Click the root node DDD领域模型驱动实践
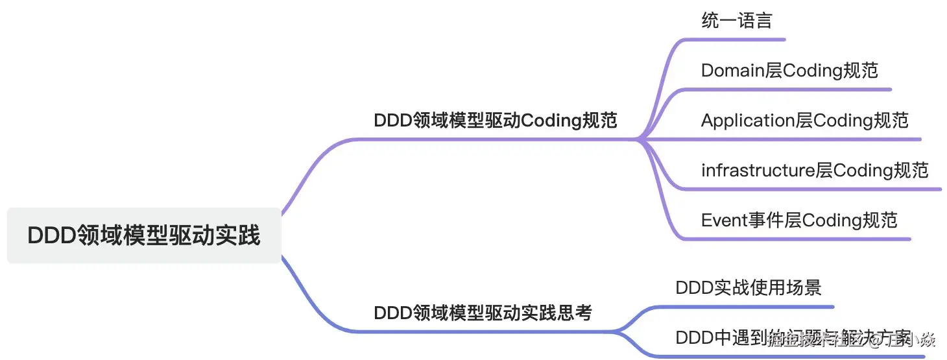[x=144, y=235]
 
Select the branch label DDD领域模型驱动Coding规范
[x=496, y=120]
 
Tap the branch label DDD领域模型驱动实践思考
[x=483, y=313]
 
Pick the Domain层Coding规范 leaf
[x=789, y=70]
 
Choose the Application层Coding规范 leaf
[x=804, y=120]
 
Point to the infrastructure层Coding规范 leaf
[x=815, y=170]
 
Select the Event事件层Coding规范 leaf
[x=799, y=220]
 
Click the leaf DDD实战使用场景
[x=749, y=287]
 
